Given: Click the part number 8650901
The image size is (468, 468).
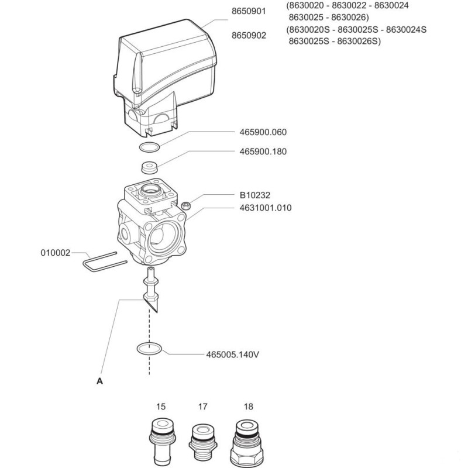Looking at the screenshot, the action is [x=249, y=11].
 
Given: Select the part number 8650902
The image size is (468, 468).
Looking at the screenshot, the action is [x=249, y=36].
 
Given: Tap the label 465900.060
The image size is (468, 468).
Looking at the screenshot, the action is [x=263, y=132].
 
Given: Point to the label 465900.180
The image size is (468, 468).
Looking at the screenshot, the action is [x=263, y=152].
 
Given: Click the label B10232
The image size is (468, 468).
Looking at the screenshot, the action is [x=255, y=195].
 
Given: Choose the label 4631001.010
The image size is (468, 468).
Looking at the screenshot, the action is [x=266, y=208].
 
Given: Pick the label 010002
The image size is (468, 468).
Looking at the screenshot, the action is [x=56, y=253].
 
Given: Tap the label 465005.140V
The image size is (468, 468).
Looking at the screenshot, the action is [x=232, y=355].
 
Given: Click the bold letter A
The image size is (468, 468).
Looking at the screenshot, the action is [x=99, y=381].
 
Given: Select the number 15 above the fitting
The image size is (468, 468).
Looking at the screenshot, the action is [x=160, y=407].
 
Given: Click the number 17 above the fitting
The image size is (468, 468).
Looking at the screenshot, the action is [x=202, y=407].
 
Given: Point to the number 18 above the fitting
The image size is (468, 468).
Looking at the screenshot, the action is [x=248, y=407].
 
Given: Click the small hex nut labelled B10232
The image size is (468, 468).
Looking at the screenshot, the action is [x=186, y=205].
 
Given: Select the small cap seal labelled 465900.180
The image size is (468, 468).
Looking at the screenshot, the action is [x=149, y=167].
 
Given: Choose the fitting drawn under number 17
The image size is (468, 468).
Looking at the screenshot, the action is [x=202, y=445].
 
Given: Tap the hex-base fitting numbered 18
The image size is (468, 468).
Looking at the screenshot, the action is [x=247, y=444].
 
